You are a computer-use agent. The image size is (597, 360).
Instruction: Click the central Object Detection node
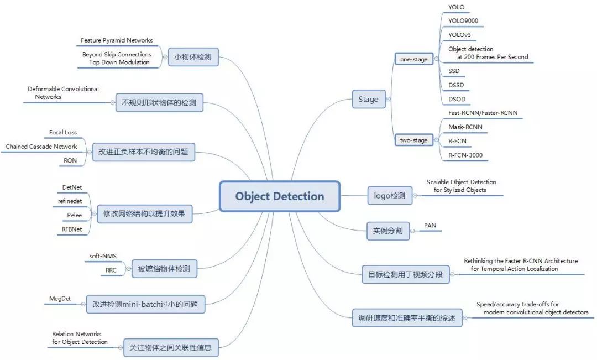(x=279, y=196)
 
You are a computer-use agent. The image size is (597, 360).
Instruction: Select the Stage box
(x=368, y=100)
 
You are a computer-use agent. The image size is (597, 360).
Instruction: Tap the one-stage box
(x=413, y=59)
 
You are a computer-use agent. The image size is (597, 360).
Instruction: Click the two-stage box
(x=413, y=140)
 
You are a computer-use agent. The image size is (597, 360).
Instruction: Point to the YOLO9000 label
(x=463, y=21)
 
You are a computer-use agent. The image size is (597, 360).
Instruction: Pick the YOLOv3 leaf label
(x=459, y=35)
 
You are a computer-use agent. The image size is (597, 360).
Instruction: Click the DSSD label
(x=456, y=85)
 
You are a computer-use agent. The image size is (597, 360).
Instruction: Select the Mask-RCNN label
(x=465, y=127)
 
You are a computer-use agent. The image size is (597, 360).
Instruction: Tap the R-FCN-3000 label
(x=465, y=155)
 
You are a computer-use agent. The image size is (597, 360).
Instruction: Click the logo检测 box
(x=390, y=196)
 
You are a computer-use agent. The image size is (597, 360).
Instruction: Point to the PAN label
(x=430, y=226)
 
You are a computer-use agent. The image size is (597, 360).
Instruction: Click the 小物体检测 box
(x=193, y=57)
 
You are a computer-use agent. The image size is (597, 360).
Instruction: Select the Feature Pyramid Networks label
(x=117, y=40)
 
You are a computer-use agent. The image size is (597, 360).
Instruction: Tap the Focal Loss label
(x=63, y=133)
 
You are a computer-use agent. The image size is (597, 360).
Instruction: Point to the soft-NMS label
(x=103, y=257)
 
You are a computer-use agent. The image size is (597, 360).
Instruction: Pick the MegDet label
(x=61, y=299)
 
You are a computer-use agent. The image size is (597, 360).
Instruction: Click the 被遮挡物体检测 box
(x=166, y=269)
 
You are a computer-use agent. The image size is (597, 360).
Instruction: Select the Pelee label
(x=74, y=214)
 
